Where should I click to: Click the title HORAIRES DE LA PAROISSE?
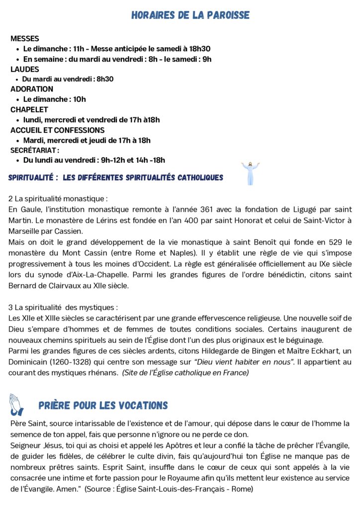pyautogui.click(x=190, y=15)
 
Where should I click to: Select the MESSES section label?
pyautogui.click(x=25, y=38)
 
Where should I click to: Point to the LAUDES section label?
pyautogui.click(x=25, y=69)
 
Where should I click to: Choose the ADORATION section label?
pyautogui.click(x=32, y=89)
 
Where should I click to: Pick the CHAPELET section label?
pyautogui.click(x=29, y=109)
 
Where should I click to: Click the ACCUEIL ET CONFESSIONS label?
pyautogui.click(x=57, y=130)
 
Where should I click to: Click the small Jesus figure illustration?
pyautogui.click(x=250, y=173)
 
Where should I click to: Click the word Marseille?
pyautogui.click(x=25, y=231)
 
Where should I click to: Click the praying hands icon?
pyautogui.click(x=16, y=405)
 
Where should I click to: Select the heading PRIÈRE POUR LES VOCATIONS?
pyautogui.click(x=103, y=406)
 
